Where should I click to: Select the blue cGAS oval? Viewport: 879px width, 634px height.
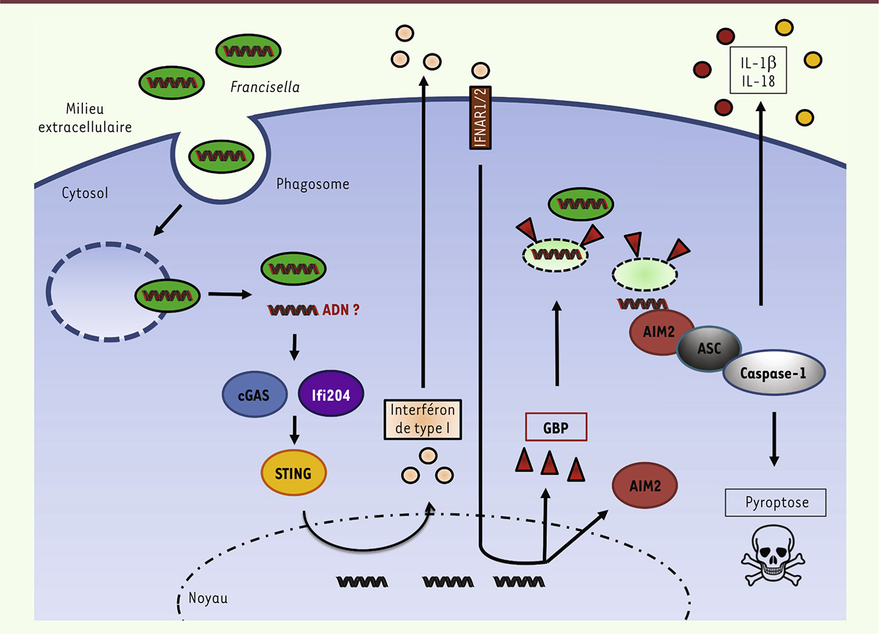(x=255, y=395)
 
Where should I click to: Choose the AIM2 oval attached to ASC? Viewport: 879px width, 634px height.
(x=659, y=332)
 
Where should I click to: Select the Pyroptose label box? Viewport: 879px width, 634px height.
(x=775, y=503)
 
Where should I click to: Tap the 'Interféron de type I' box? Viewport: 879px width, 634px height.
(x=423, y=419)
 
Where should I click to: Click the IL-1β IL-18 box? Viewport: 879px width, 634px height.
(x=758, y=70)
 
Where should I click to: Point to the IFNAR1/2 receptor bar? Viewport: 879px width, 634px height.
(x=480, y=117)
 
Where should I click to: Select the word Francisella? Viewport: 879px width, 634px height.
(x=264, y=87)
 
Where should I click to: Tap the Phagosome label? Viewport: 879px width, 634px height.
(x=312, y=185)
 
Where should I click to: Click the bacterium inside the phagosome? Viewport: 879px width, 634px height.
(x=223, y=154)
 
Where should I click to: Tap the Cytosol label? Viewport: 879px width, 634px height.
(x=84, y=192)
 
